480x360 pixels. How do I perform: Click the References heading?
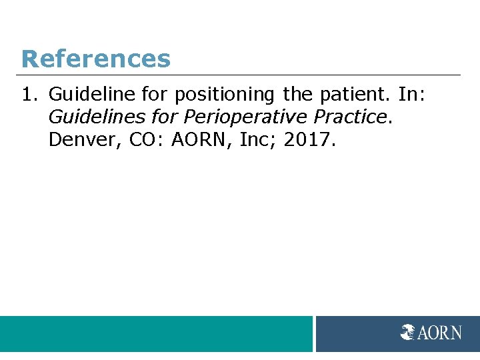(95, 59)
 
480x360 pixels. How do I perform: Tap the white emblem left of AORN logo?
(407, 332)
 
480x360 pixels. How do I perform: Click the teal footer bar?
(156, 333)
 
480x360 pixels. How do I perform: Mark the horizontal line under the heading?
(240, 75)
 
